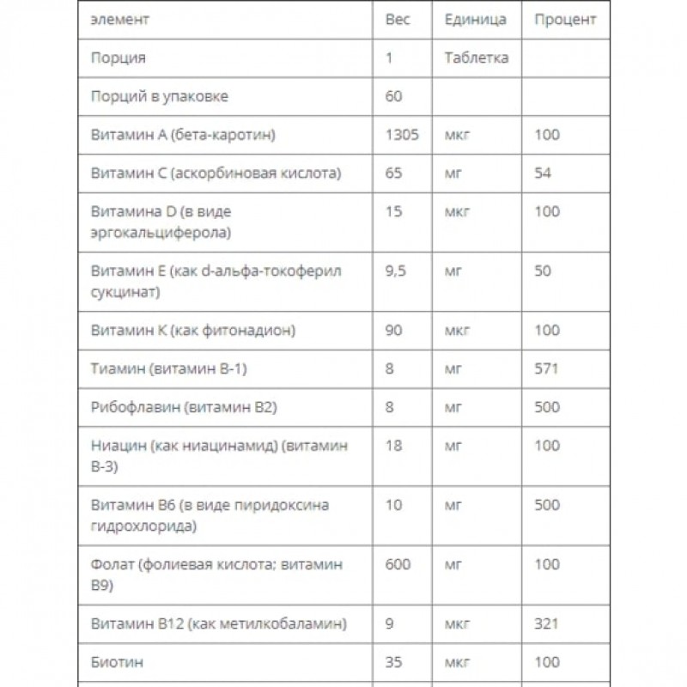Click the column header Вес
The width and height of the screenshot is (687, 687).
397,20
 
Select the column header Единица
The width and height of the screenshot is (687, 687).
475,20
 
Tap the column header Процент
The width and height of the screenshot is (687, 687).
565,20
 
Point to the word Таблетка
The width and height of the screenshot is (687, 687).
477,58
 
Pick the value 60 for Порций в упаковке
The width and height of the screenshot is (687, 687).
393,96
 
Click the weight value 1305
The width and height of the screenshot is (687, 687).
403,135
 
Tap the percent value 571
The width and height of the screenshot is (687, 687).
546,369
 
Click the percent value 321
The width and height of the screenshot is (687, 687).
546,624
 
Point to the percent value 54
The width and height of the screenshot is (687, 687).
543,173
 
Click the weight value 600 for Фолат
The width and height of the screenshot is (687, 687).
398,564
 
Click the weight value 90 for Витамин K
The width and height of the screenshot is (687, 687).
393,331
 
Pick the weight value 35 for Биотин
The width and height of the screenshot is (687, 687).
393,663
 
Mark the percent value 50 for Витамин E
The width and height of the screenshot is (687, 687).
543,271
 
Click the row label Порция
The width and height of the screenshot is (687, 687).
118,58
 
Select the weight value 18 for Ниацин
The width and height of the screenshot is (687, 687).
393,446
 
